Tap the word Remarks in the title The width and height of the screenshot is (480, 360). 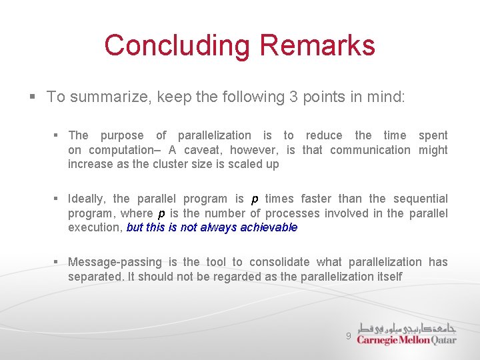pos(317,45)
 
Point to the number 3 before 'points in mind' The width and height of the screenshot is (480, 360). pos(293,97)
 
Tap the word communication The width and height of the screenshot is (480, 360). pos(370,150)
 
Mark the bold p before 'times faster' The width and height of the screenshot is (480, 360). pos(255,199)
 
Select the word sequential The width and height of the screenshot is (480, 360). pos(420,199)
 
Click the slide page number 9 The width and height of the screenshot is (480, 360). pos(348,337)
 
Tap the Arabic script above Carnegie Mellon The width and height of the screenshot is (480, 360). pos(406,327)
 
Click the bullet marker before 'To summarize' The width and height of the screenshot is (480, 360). pos(32,97)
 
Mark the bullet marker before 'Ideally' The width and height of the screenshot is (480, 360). pos(57,199)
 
